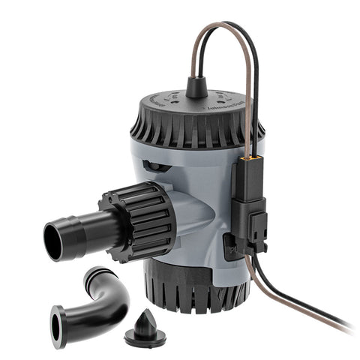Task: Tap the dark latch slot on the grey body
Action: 153,166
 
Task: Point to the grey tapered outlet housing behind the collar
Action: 195,217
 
